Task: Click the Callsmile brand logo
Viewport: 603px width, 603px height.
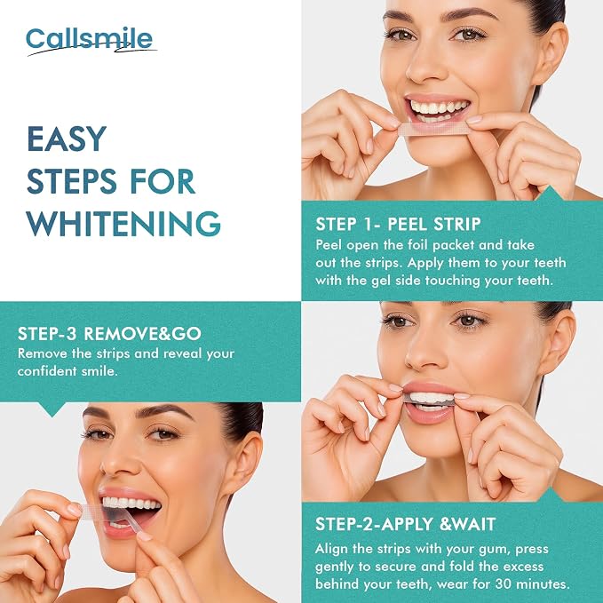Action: point(91,41)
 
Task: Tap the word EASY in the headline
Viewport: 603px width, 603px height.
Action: point(67,139)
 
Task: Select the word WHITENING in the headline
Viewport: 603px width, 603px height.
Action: point(123,224)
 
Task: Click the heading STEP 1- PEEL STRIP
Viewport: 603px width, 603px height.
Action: point(398,224)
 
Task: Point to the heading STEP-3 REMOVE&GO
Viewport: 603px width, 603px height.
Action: point(109,334)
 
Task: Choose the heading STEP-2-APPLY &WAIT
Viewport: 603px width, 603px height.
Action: point(405,524)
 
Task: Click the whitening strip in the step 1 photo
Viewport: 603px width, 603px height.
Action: point(433,130)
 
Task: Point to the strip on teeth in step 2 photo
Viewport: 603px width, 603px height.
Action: point(428,401)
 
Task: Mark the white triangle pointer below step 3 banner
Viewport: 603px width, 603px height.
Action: point(52,409)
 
